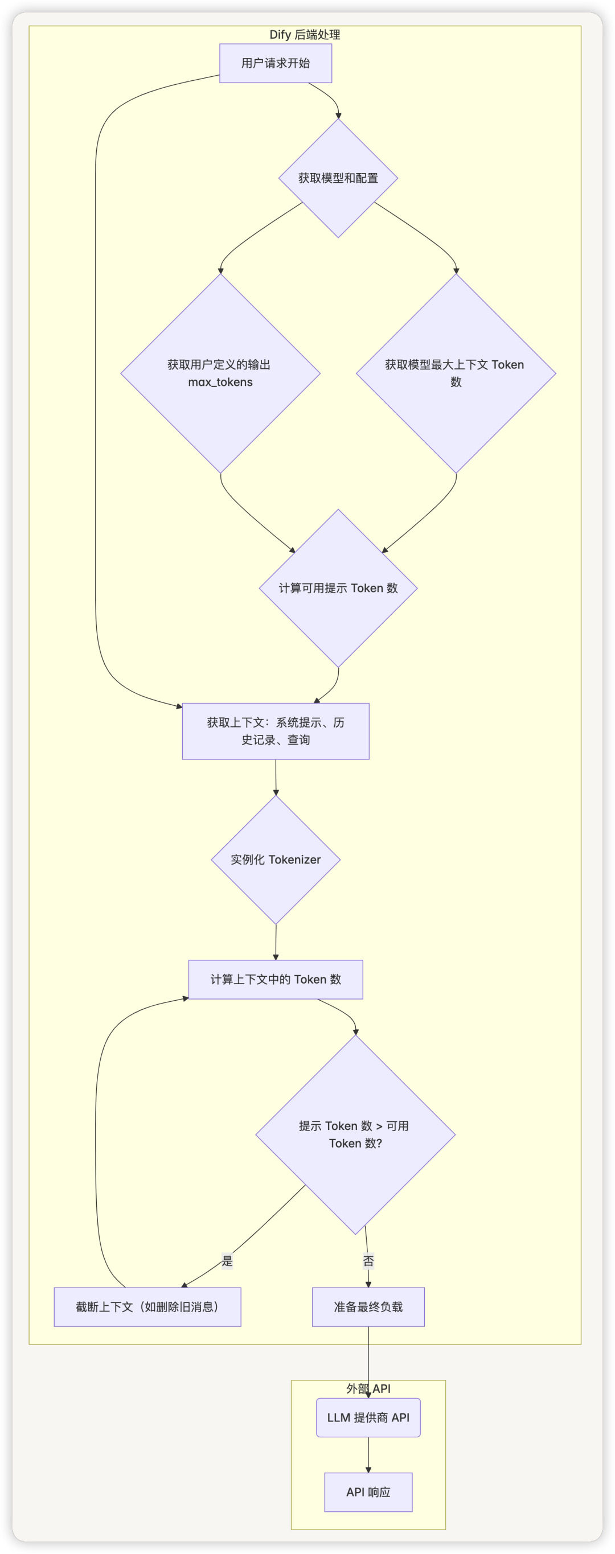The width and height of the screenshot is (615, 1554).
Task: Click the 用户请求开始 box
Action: point(275,63)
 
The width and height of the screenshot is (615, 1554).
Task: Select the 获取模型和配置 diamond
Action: point(338,178)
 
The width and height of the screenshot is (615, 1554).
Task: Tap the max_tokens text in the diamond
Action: point(220,382)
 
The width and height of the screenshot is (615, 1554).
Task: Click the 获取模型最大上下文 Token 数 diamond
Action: point(456,373)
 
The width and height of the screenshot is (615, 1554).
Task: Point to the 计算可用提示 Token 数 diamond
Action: point(338,588)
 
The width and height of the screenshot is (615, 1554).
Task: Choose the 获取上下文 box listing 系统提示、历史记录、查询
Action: point(276,731)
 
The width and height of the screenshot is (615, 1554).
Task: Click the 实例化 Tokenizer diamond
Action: point(276,860)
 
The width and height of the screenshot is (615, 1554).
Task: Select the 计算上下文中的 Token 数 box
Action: point(276,979)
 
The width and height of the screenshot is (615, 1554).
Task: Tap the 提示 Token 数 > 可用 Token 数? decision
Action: point(355,1134)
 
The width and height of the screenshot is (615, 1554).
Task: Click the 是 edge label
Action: point(227,1261)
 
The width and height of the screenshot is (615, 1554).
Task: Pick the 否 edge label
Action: point(368,1261)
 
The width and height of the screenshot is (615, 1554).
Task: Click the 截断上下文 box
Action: point(147,1306)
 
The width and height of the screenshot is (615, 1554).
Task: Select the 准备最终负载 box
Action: point(368,1306)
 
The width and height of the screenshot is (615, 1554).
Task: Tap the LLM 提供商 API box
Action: point(368,1417)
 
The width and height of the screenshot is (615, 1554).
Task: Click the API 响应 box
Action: point(368,1492)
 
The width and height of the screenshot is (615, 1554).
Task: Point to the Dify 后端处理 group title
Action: point(305,34)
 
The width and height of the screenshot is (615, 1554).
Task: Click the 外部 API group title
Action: point(368,1388)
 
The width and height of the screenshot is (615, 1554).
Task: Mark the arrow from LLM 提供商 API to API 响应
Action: point(368,1455)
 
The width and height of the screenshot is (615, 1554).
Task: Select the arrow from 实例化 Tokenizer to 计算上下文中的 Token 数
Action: point(276,942)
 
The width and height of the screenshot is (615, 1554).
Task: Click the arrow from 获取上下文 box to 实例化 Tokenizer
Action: point(276,778)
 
